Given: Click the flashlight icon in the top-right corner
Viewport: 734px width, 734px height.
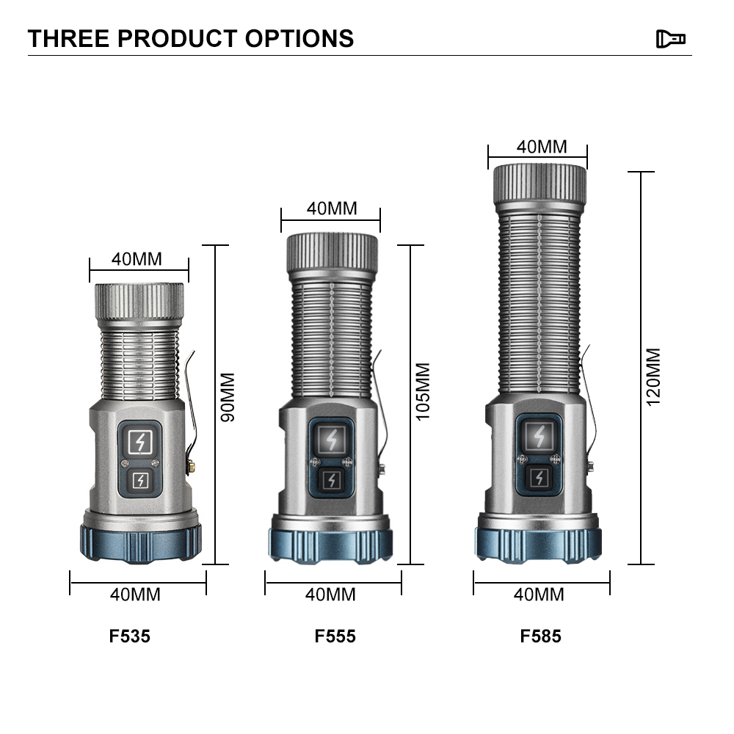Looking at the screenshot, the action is coord(670,39).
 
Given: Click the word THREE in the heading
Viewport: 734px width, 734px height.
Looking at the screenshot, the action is coord(68,38).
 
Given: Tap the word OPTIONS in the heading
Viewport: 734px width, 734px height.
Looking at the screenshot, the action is coord(299,38).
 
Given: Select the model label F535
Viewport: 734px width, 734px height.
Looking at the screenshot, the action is coord(130,636).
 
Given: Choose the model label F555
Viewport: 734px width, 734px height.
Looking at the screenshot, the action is coord(335,636).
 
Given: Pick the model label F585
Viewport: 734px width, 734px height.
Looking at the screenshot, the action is coord(541,636).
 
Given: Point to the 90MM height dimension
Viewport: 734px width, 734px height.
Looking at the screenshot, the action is coord(228,397).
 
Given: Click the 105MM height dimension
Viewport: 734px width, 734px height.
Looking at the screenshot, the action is coord(423,392).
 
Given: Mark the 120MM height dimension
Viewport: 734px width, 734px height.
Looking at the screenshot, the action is coord(653,377).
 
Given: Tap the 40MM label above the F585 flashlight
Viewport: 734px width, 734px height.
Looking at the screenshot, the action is coord(542,147).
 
